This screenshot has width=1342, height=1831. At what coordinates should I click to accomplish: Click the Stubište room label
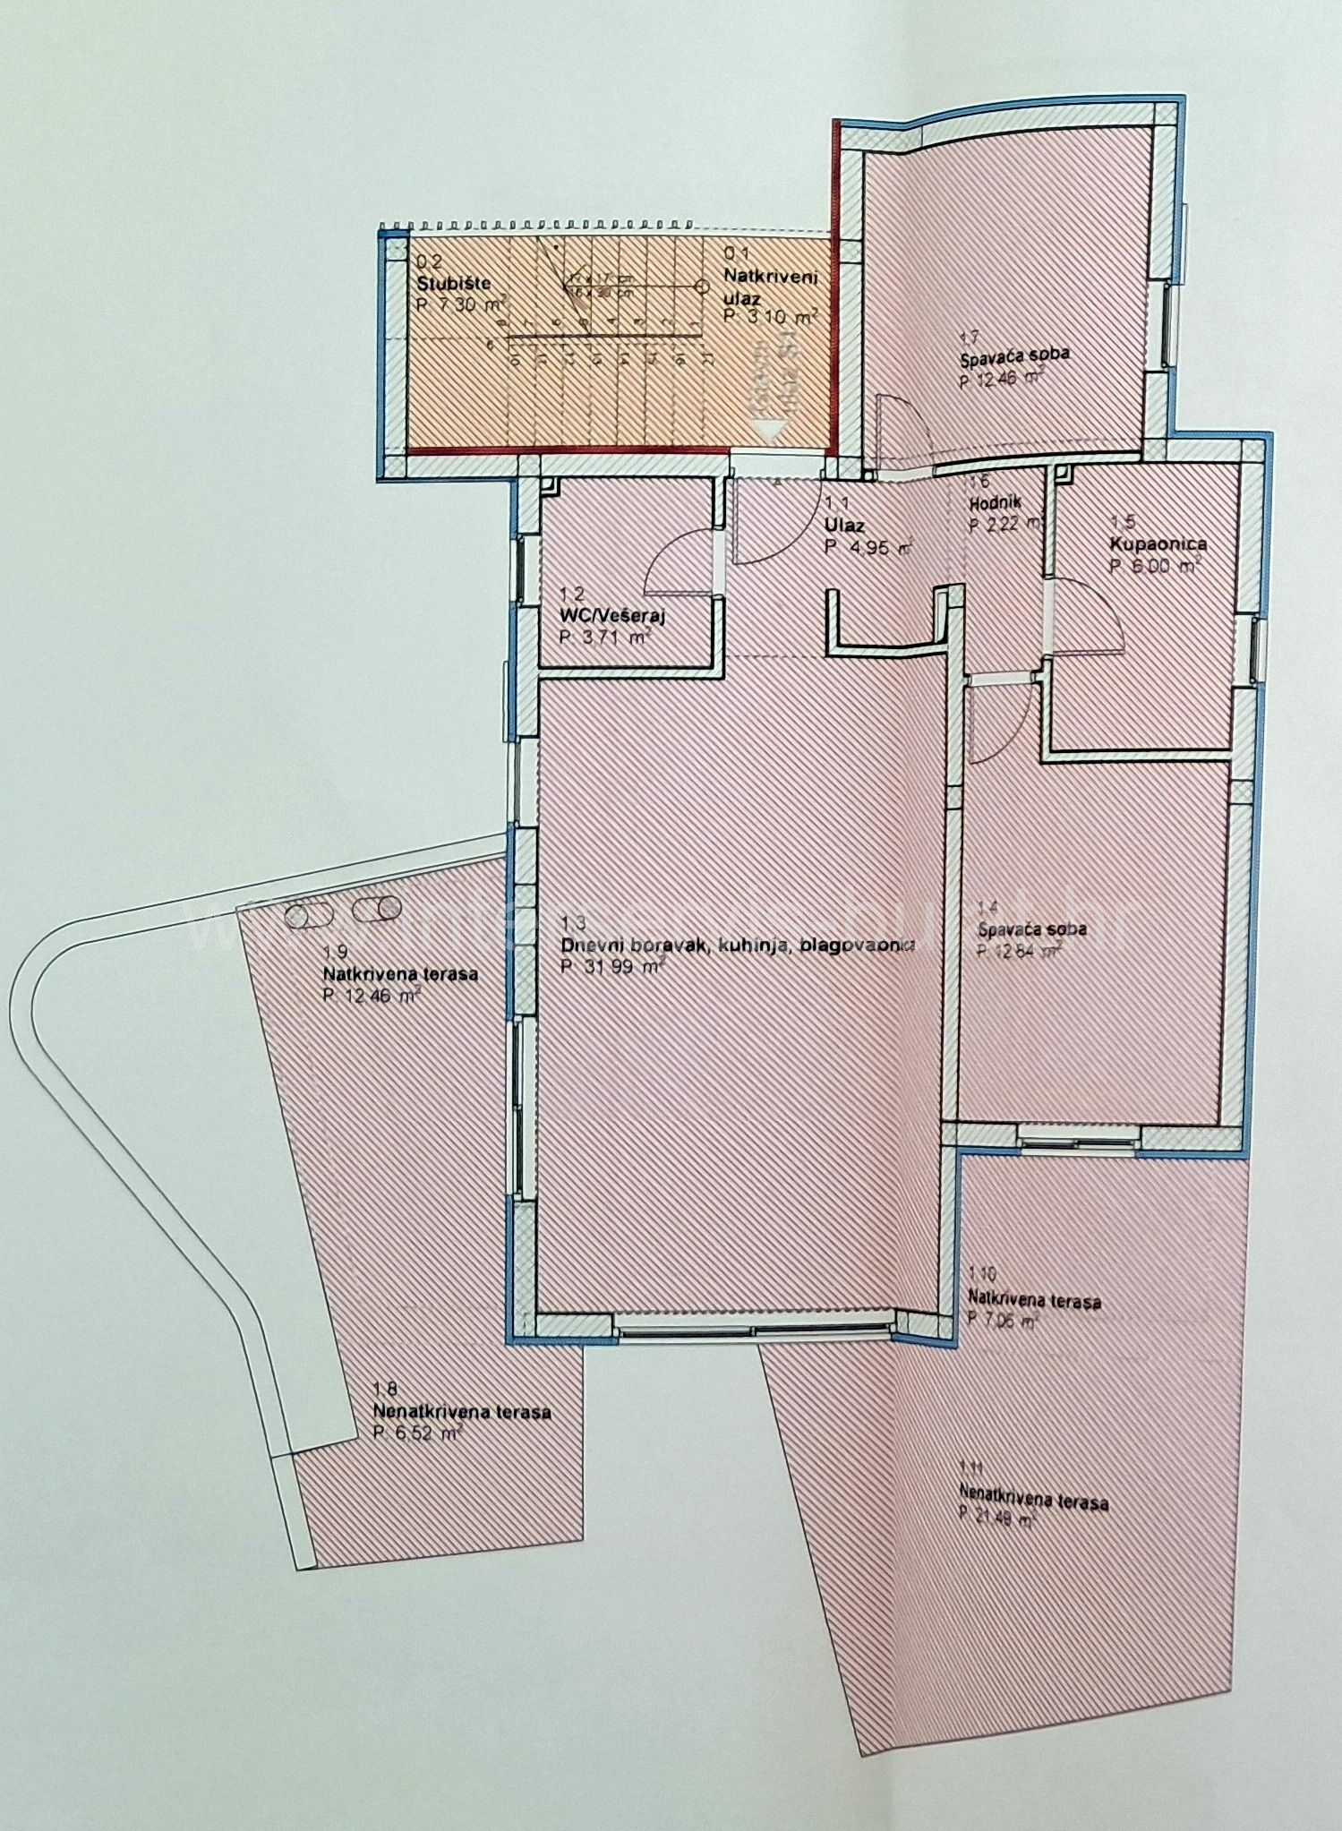454,284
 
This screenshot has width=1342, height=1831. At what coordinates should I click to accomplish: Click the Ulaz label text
845,526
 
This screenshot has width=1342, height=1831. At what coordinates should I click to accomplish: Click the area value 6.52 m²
416,1433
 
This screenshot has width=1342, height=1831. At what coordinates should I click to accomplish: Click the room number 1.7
969,338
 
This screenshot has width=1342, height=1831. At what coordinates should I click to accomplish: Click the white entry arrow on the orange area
768,428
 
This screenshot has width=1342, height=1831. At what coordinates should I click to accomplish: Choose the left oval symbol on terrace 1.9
307,915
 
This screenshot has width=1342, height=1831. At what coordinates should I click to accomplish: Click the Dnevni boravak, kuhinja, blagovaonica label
737,945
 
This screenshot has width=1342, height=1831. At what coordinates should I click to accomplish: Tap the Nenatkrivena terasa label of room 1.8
461,1412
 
